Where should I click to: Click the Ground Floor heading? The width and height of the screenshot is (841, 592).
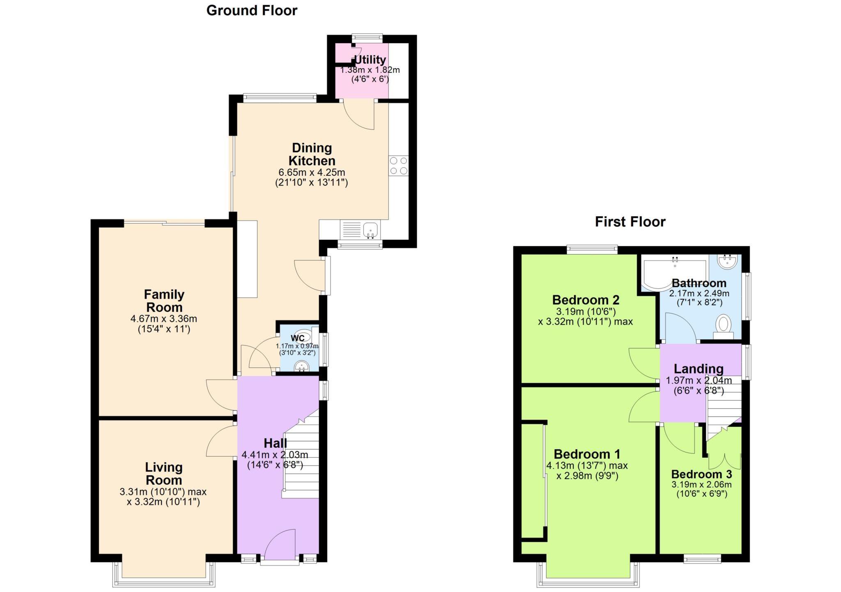(251, 11)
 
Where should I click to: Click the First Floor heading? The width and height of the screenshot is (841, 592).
(630, 222)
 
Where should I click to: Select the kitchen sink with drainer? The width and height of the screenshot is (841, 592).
(361, 229)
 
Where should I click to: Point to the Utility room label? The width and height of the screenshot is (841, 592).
(370, 60)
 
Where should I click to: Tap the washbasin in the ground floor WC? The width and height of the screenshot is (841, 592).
(301, 365)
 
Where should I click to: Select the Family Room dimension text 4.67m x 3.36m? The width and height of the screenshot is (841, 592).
(164, 319)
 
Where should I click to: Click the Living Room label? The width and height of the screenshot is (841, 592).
(163, 473)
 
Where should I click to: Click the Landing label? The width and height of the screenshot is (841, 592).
(698, 369)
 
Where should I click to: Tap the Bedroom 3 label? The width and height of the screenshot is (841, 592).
(701, 474)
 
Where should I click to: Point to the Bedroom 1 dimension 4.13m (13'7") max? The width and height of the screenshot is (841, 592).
(587, 466)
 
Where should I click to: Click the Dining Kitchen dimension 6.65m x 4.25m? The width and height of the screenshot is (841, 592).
(312, 172)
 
